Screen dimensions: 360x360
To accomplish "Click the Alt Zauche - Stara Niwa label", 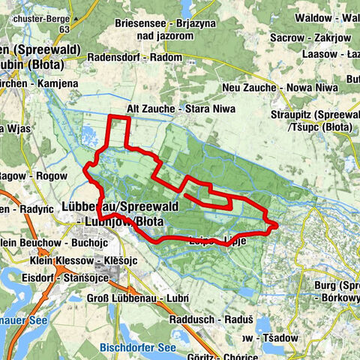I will pyautogui.click(x=181, y=109).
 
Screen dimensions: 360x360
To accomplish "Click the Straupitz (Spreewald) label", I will pyautogui.click(x=319, y=115).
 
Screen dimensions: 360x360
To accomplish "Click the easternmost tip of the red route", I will pyautogui.click(x=277, y=224).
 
